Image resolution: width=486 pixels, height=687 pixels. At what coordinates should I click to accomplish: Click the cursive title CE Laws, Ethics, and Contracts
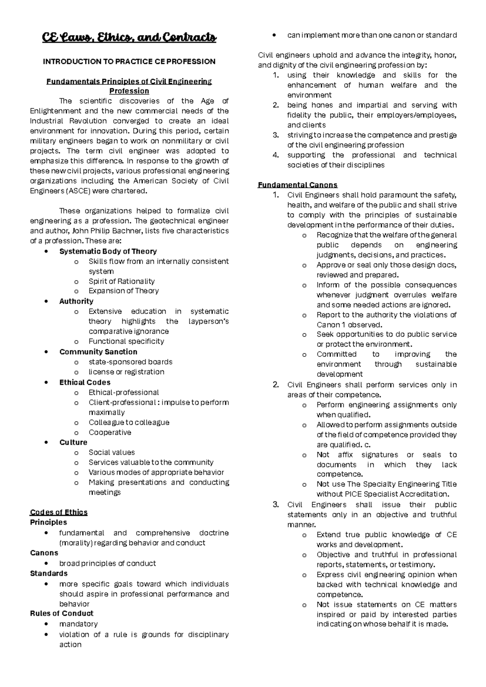tap(129, 38)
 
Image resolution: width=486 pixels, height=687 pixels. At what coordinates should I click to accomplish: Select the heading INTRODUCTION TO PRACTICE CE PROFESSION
tap(129, 62)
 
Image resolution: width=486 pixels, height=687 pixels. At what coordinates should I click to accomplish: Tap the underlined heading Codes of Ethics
tap(59, 512)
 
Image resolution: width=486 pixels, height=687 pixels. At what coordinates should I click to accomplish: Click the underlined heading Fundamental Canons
tap(298, 185)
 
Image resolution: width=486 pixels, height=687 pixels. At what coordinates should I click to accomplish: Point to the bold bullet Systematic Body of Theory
tap(108, 251)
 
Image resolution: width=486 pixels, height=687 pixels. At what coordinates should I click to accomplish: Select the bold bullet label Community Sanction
tap(98, 352)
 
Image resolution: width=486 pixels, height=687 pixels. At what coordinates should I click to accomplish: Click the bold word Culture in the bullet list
tap(73, 442)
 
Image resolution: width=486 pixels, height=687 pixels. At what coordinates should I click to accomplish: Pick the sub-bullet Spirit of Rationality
tap(122, 281)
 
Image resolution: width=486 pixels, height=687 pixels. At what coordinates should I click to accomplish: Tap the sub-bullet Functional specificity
tap(126, 341)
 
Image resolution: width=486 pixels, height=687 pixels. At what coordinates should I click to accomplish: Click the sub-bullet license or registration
tap(126, 372)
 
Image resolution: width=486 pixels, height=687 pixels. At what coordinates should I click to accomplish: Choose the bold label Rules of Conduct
tap(62, 613)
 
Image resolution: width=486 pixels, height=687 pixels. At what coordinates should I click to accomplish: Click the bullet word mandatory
tap(78, 624)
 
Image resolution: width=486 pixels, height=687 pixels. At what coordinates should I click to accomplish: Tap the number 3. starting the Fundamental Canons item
tap(276, 505)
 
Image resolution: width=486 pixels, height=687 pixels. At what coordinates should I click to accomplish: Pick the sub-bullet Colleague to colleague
tap(129, 422)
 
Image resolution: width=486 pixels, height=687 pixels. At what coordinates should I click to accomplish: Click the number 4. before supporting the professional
tap(276, 155)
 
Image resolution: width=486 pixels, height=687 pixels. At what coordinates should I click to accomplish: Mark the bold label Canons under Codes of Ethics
tap(44, 553)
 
